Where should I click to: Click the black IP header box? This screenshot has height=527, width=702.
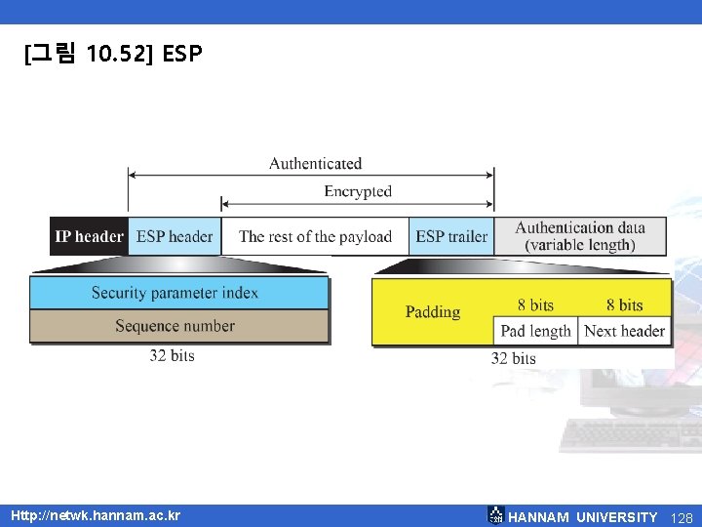pos(89,236)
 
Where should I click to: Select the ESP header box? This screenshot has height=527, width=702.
pos(175,236)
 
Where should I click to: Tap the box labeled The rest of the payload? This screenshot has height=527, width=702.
pos(315,236)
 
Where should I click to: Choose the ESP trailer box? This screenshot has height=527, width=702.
pos(451,236)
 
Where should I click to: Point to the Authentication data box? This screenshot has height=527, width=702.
pos(580,236)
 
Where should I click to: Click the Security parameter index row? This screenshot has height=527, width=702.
pos(175,293)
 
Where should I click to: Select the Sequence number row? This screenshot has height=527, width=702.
pos(175,326)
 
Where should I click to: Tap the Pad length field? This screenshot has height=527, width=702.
pos(535,331)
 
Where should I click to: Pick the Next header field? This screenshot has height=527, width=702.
pos(624,331)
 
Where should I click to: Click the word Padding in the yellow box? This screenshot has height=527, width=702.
pos(433,312)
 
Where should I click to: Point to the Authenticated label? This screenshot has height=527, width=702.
pos(315,163)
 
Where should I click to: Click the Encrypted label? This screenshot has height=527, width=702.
pos(358,191)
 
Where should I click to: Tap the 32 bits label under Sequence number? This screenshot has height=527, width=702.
pos(172,355)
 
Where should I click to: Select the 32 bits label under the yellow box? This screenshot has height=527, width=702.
pos(513,358)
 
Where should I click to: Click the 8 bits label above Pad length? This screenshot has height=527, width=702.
pos(535,305)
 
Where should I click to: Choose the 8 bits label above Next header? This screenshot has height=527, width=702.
pos(624,305)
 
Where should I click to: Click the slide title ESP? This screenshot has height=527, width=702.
pos(182,54)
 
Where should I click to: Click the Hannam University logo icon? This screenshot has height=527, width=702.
pos(495,515)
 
